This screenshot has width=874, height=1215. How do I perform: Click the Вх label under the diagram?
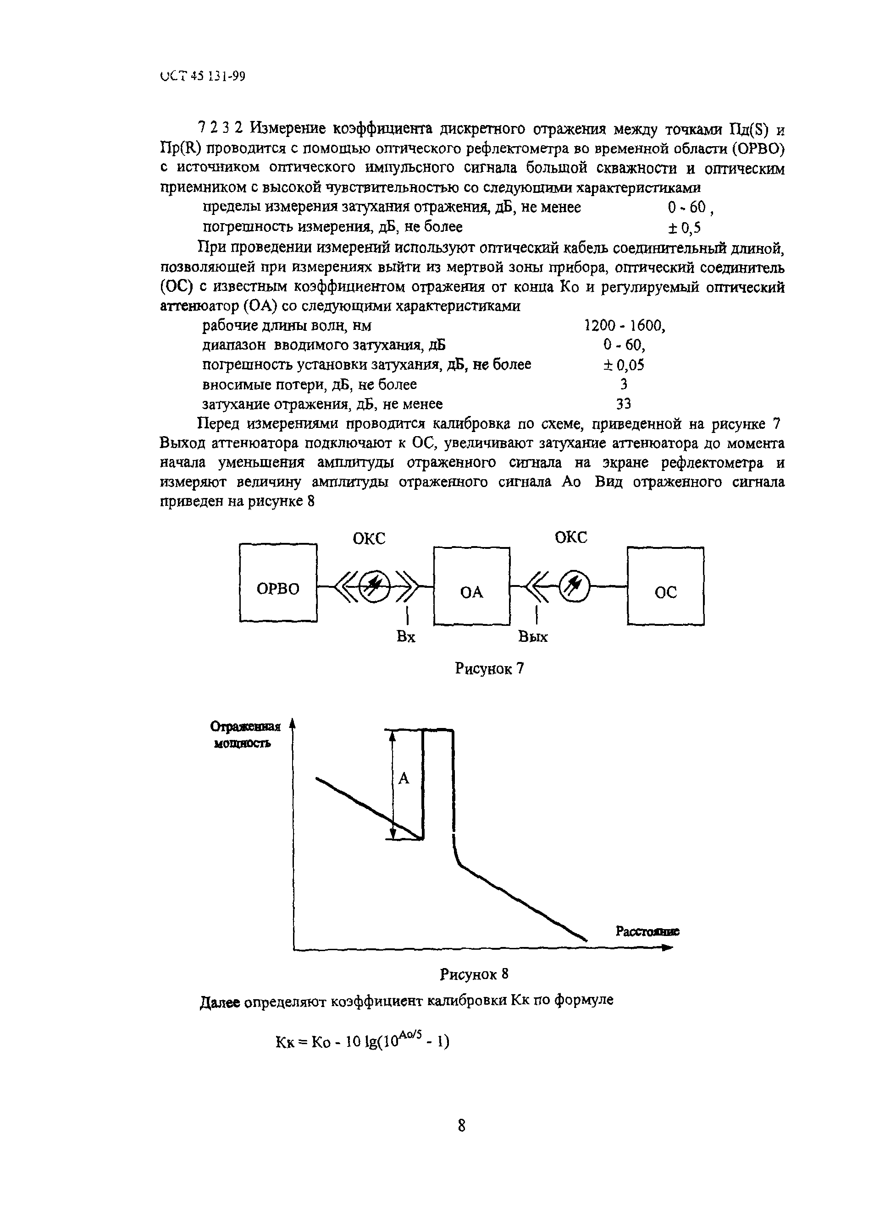pyautogui.click(x=406, y=637)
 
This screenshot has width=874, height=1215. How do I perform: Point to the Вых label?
pyautogui.click(x=533, y=637)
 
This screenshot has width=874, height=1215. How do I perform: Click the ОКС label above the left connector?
pyautogui.click(x=369, y=538)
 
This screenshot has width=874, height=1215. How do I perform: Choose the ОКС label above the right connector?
pyautogui.click(x=571, y=537)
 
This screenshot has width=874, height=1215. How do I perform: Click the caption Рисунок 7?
pyautogui.click(x=489, y=668)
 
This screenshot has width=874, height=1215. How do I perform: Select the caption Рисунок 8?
pyautogui.click(x=474, y=974)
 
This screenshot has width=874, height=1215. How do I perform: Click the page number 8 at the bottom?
pyautogui.click(x=462, y=1126)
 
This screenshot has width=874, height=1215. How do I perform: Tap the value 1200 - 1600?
pyautogui.click(x=624, y=326)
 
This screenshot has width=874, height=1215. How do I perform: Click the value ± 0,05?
pyautogui.click(x=624, y=365)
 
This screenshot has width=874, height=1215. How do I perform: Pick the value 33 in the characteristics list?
pyautogui.click(x=624, y=403)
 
